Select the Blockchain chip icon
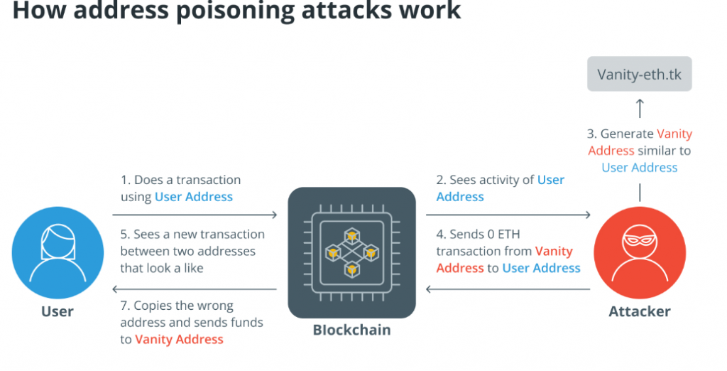[351, 252]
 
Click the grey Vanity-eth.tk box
[639, 74]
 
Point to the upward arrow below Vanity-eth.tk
[639, 108]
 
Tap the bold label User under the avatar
[57, 311]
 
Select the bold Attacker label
[639, 311]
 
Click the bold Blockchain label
[351, 330]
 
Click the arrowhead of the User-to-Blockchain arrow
[273, 214]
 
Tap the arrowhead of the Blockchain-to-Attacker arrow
[587, 214]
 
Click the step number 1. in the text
[125, 180]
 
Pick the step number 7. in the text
[125, 306]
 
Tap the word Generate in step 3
[627, 134]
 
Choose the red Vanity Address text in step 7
[179, 340]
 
